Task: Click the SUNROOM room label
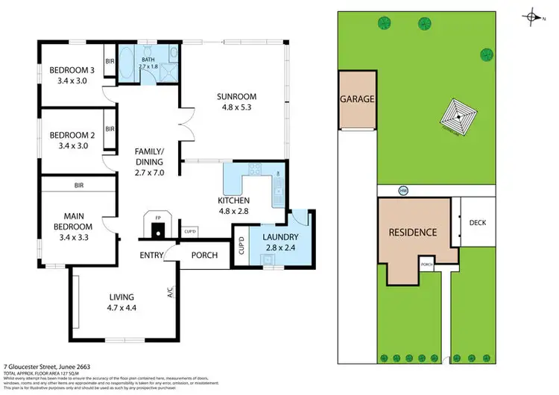pos(236,96)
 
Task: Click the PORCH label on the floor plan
pos(205,256)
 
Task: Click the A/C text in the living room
pos(170,293)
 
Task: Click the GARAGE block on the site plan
pos(357,99)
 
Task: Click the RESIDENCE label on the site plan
pos(412,233)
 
